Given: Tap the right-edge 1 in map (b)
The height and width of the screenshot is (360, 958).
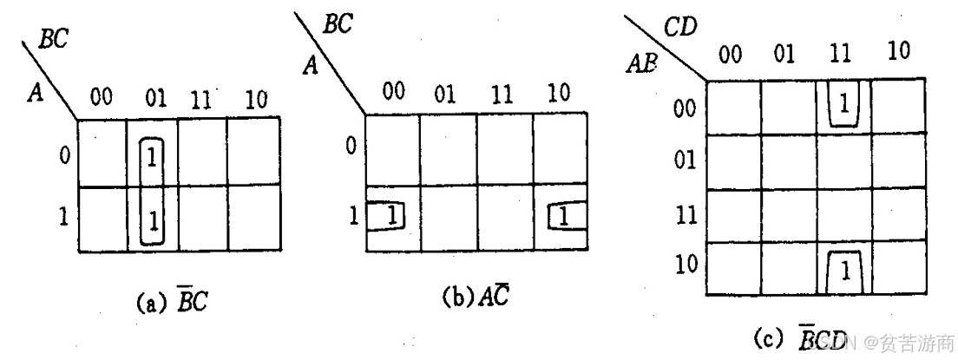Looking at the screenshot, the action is (x=563, y=214).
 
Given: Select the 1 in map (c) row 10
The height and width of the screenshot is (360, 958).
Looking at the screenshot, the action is (x=843, y=272).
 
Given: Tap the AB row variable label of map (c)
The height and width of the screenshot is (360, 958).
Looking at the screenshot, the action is (x=643, y=63).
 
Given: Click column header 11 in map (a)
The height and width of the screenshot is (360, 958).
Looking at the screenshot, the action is (x=203, y=98).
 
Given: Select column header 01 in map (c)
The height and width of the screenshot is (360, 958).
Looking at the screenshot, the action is (x=784, y=56).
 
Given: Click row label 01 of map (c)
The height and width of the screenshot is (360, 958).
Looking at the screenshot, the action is (x=686, y=162).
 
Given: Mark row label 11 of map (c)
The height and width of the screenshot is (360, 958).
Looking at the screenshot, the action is (x=686, y=214).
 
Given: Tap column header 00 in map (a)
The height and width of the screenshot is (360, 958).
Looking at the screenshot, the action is (x=102, y=97).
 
